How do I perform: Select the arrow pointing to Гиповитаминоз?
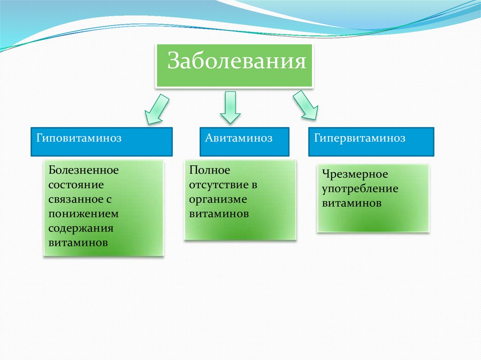pos(156,109)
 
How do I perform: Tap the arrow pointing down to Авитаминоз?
pos(230,107)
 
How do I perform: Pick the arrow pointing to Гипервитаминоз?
pos(305,105)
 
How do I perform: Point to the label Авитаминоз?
pos(239,138)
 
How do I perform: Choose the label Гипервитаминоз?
pos(359,139)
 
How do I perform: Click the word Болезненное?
pos(84,170)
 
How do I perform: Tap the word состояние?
pos(76,184)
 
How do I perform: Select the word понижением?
pos(83,214)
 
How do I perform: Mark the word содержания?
pos(81,229)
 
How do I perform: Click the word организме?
pos(218,199)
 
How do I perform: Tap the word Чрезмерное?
pos(355,175)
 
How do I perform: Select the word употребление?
pos(360,189)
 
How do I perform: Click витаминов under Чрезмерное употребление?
pos(351,204)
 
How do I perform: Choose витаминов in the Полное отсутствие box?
pos(219,214)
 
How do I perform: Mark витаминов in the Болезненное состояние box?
pos(78,243)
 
